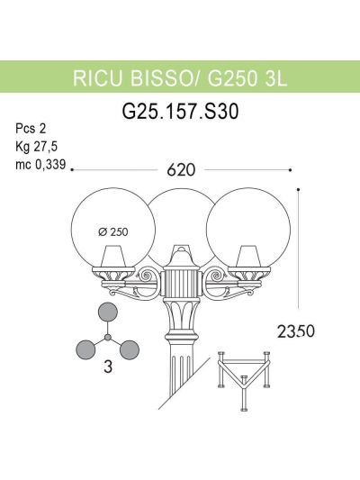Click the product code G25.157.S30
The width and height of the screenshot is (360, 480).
tap(180, 112)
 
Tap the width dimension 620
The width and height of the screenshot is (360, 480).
tap(181, 170)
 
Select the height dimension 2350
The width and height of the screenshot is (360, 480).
tap(296, 331)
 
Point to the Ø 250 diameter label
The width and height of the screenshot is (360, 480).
tap(113, 232)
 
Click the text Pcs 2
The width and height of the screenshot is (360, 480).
tap(31, 129)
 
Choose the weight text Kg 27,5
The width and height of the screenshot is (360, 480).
tap(36, 147)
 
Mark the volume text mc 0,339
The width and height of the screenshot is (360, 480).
tap(40, 165)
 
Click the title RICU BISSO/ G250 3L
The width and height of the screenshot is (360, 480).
tap(180, 78)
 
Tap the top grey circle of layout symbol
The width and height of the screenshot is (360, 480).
tap(107, 312)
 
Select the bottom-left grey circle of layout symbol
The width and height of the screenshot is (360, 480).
tap(85, 349)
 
